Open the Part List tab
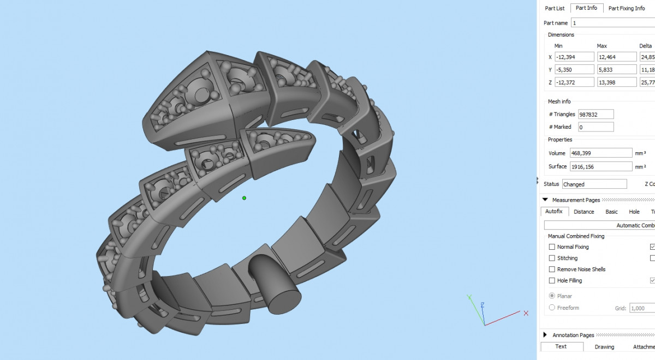[555, 8]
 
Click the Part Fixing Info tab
[627, 8]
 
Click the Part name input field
[613, 23]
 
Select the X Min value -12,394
[574, 57]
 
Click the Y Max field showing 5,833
[617, 70]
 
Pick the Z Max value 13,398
[617, 82]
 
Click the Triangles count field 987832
[596, 114]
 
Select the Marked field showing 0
[596, 127]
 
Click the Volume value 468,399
[601, 153]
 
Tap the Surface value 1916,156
[601, 166]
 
